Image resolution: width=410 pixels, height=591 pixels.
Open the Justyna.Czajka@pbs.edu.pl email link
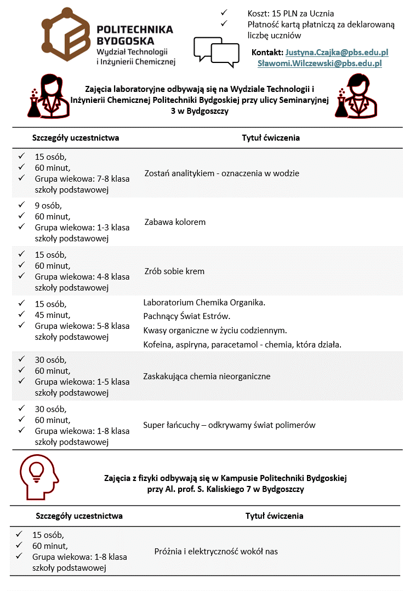pyautogui.click(x=337, y=53)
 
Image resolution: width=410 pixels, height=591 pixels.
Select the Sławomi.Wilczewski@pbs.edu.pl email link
pyautogui.click(x=320, y=63)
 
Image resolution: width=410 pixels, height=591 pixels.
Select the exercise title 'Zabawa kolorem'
pyautogui.click(x=175, y=222)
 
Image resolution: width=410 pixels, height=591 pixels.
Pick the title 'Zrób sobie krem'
pyautogui.click(x=174, y=271)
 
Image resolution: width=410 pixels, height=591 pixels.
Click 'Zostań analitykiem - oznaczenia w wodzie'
pyautogui.click(x=221, y=173)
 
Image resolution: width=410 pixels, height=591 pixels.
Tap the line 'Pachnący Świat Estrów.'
pyautogui.click(x=186, y=316)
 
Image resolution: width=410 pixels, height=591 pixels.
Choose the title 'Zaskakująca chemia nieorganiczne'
pyautogui.click(x=207, y=376)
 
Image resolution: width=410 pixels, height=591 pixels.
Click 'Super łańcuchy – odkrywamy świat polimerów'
pyautogui.click(x=229, y=425)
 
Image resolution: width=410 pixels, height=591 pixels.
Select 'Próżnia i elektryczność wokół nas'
pyautogui.click(x=216, y=552)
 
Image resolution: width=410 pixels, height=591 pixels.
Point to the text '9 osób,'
pyautogui.click(x=48, y=206)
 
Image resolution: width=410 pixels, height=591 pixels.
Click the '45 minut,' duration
pyautogui.click(x=53, y=315)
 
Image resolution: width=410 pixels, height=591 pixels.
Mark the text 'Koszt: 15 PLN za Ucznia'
pyautogui.click(x=291, y=13)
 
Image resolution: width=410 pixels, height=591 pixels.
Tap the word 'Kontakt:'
pyautogui.click(x=267, y=53)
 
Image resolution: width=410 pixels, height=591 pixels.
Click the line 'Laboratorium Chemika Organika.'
pyautogui.click(x=204, y=303)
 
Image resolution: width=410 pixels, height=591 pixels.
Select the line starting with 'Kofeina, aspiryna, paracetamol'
pyautogui.click(x=242, y=345)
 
